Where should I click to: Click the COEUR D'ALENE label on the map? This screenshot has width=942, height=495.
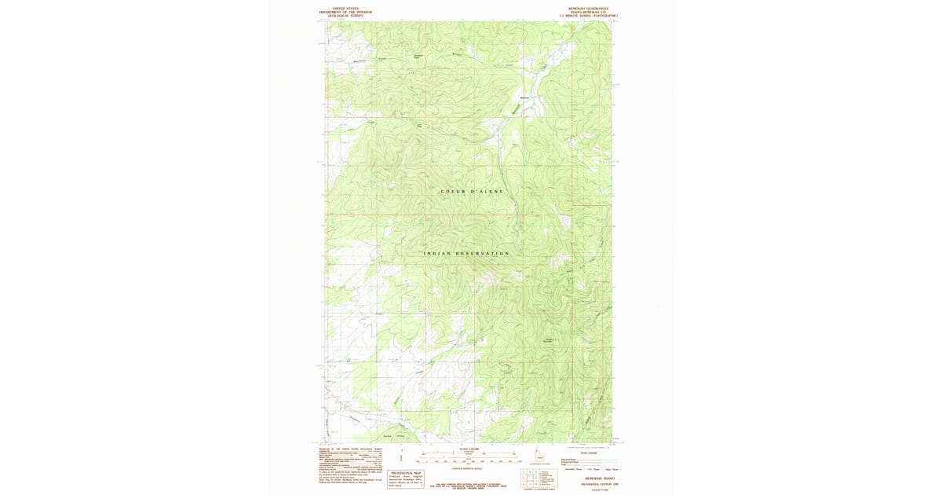471,192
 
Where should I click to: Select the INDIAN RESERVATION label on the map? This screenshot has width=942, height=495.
466,254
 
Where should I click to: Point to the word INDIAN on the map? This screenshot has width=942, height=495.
440,254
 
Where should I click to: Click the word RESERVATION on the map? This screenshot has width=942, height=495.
485,254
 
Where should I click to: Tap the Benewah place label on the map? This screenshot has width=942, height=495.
525,97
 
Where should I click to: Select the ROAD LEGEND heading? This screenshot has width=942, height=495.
589,451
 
